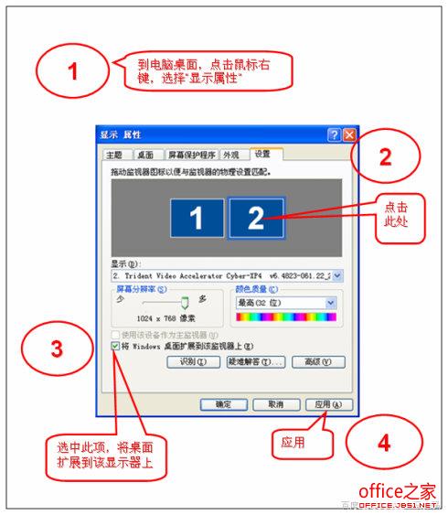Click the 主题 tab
pyautogui.click(x=114, y=156)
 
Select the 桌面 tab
pyautogui.click(x=145, y=156)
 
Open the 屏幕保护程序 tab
pyautogui.click(x=191, y=156)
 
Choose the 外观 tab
pyautogui.click(x=232, y=156)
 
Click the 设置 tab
pyautogui.click(x=264, y=155)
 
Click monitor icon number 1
pyautogui.click(x=195, y=217)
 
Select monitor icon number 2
pyautogui.click(x=256, y=217)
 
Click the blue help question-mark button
pyautogui.click(x=333, y=134)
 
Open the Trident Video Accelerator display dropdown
pyautogui.click(x=337, y=274)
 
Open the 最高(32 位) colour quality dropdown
pyautogui.click(x=330, y=303)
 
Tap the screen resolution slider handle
pyautogui.click(x=184, y=302)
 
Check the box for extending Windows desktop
pyautogui.click(x=114, y=347)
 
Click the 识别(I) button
pyautogui.click(x=194, y=362)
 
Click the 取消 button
pyautogui.click(x=267, y=403)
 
